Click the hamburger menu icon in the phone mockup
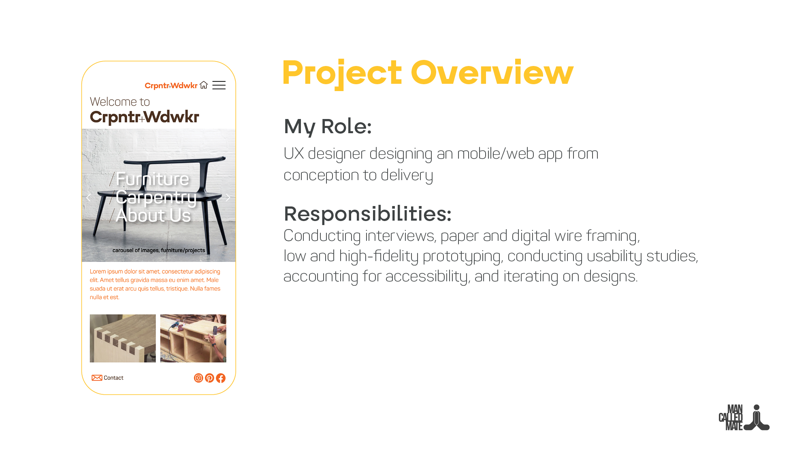click(x=219, y=85)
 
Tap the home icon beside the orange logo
click(x=204, y=85)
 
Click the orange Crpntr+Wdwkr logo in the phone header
click(x=171, y=85)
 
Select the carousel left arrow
click(x=89, y=198)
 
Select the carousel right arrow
click(x=228, y=198)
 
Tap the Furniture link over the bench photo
click(x=152, y=179)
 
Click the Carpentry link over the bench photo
click(x=156, y=197)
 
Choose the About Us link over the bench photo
click(x=153, y=215)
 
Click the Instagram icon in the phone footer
click(x=198, y=378)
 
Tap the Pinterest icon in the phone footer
click(x=209, y=378)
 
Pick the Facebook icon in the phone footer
click(x=221, y=378)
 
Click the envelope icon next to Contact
click(x=97, y=378)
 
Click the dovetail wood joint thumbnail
click(x=123, y=338)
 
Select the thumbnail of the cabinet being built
click(x=193, y=338)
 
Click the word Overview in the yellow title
click(x=492, y=73)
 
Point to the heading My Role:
click(x=328, y=126)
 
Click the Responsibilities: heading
click(x=367, y=214)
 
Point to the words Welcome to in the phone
click(x=120, y=102)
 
